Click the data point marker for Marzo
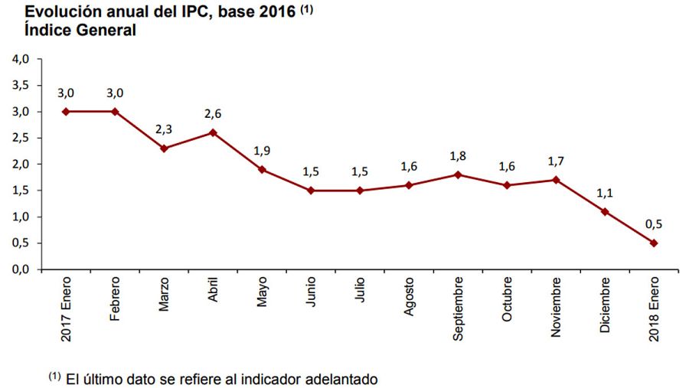tap(164, 148)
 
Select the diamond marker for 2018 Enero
tap(653, 243)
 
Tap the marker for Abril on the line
tap(213, 132)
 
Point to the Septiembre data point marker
tap(458, 174)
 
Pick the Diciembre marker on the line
tap(604, 211)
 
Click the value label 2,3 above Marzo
tap(164, 130)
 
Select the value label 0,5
tap(653, 225)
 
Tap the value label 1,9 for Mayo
tap(262, 151)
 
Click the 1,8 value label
tap(458, 156)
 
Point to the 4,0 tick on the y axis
tap(21, 59)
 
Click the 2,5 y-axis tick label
tap(21, 138)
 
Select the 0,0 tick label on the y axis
tap(21, 269)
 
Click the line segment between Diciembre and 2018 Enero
tap(629, 227)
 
